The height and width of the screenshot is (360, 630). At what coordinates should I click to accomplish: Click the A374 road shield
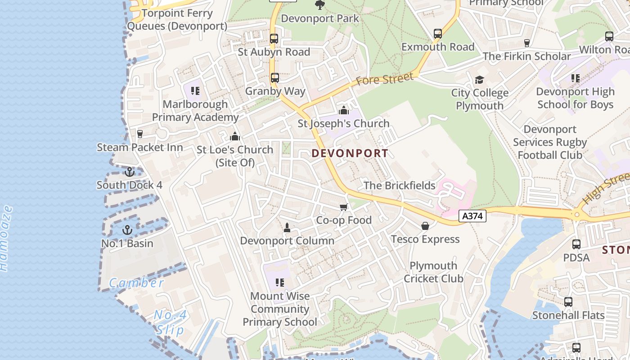472,216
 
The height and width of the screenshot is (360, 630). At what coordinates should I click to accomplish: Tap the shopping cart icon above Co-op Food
344,207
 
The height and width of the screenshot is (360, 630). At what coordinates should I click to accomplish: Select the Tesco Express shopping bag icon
425,226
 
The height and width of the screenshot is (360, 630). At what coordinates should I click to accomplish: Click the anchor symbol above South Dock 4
130,172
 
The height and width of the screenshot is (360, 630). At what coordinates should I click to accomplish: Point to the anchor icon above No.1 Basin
127,230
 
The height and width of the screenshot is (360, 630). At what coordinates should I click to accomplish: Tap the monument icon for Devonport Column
287,228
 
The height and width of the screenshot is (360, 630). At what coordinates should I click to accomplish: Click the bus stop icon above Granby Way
275,78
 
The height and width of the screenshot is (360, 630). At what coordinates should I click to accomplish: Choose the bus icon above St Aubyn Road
274,39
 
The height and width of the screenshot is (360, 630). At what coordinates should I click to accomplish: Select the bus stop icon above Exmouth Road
437,33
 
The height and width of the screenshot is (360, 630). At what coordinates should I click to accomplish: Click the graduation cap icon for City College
479,80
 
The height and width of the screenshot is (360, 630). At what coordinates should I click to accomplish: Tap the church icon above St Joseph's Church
344,110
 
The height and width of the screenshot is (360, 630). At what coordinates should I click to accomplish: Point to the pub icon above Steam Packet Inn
140,134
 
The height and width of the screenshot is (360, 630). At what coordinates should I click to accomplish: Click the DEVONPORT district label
350,153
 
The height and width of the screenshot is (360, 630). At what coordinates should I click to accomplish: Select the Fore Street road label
384,80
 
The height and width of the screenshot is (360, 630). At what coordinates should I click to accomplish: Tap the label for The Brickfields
399,185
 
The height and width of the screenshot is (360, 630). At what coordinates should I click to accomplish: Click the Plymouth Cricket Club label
433,272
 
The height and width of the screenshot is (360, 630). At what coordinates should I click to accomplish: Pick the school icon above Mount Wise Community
280,283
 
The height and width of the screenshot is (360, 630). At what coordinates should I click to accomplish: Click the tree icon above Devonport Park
320,5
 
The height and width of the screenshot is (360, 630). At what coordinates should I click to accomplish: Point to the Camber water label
137,283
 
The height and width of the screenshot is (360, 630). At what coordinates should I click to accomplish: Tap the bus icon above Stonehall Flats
568,302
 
